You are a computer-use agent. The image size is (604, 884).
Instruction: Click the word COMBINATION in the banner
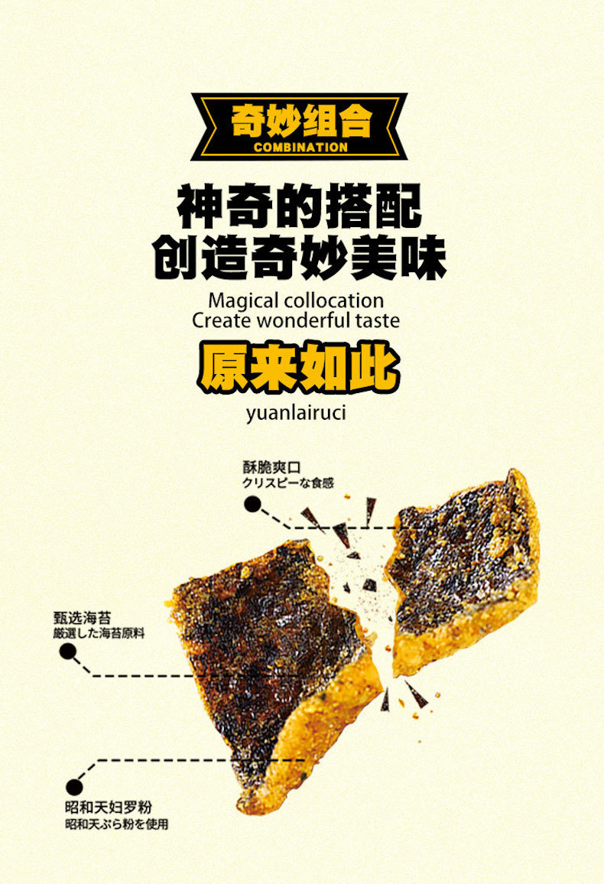(300, 147)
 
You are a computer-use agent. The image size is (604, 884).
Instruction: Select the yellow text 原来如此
(299, 367)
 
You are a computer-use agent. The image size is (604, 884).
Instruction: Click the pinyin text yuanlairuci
(297, 414)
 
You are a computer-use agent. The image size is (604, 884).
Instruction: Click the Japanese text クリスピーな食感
(287, 483)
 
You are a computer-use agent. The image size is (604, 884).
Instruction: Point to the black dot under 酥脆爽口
(252, 503)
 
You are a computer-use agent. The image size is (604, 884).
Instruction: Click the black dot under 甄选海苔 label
(67, 651)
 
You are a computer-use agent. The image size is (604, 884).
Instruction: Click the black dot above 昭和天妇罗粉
(74, 785)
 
